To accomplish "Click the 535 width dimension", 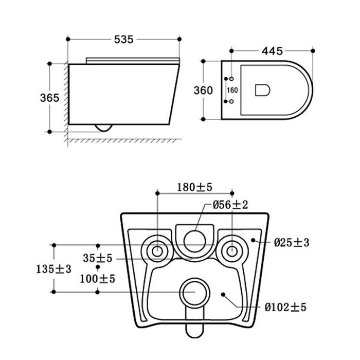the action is [124, 40].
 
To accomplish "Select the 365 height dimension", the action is [49, 98].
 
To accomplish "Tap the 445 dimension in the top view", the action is [272, 51].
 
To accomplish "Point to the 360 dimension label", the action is [203, 90].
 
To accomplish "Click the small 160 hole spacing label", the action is [232, 90].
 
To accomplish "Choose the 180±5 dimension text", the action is [195, 187].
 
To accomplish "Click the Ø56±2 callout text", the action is [230, 205].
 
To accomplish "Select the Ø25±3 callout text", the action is [292, 242].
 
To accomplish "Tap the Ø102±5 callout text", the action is [285, 307].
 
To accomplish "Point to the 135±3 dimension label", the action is [53, 269].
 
